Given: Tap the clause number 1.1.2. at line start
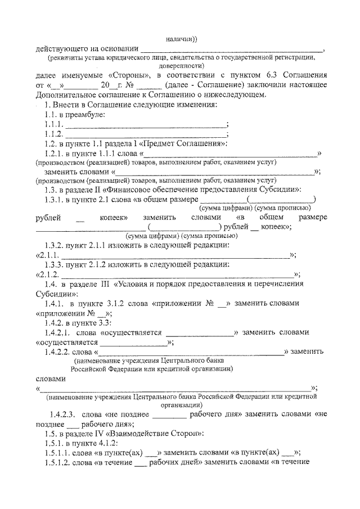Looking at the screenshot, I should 54,134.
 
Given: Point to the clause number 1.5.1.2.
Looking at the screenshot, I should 58,462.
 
